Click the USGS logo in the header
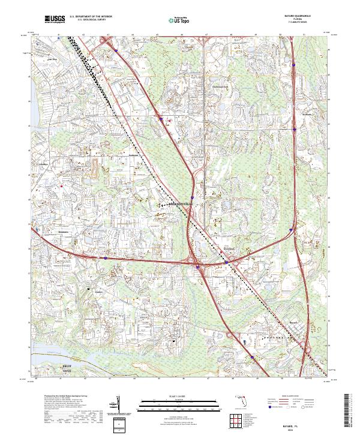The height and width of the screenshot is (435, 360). [55, 20]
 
